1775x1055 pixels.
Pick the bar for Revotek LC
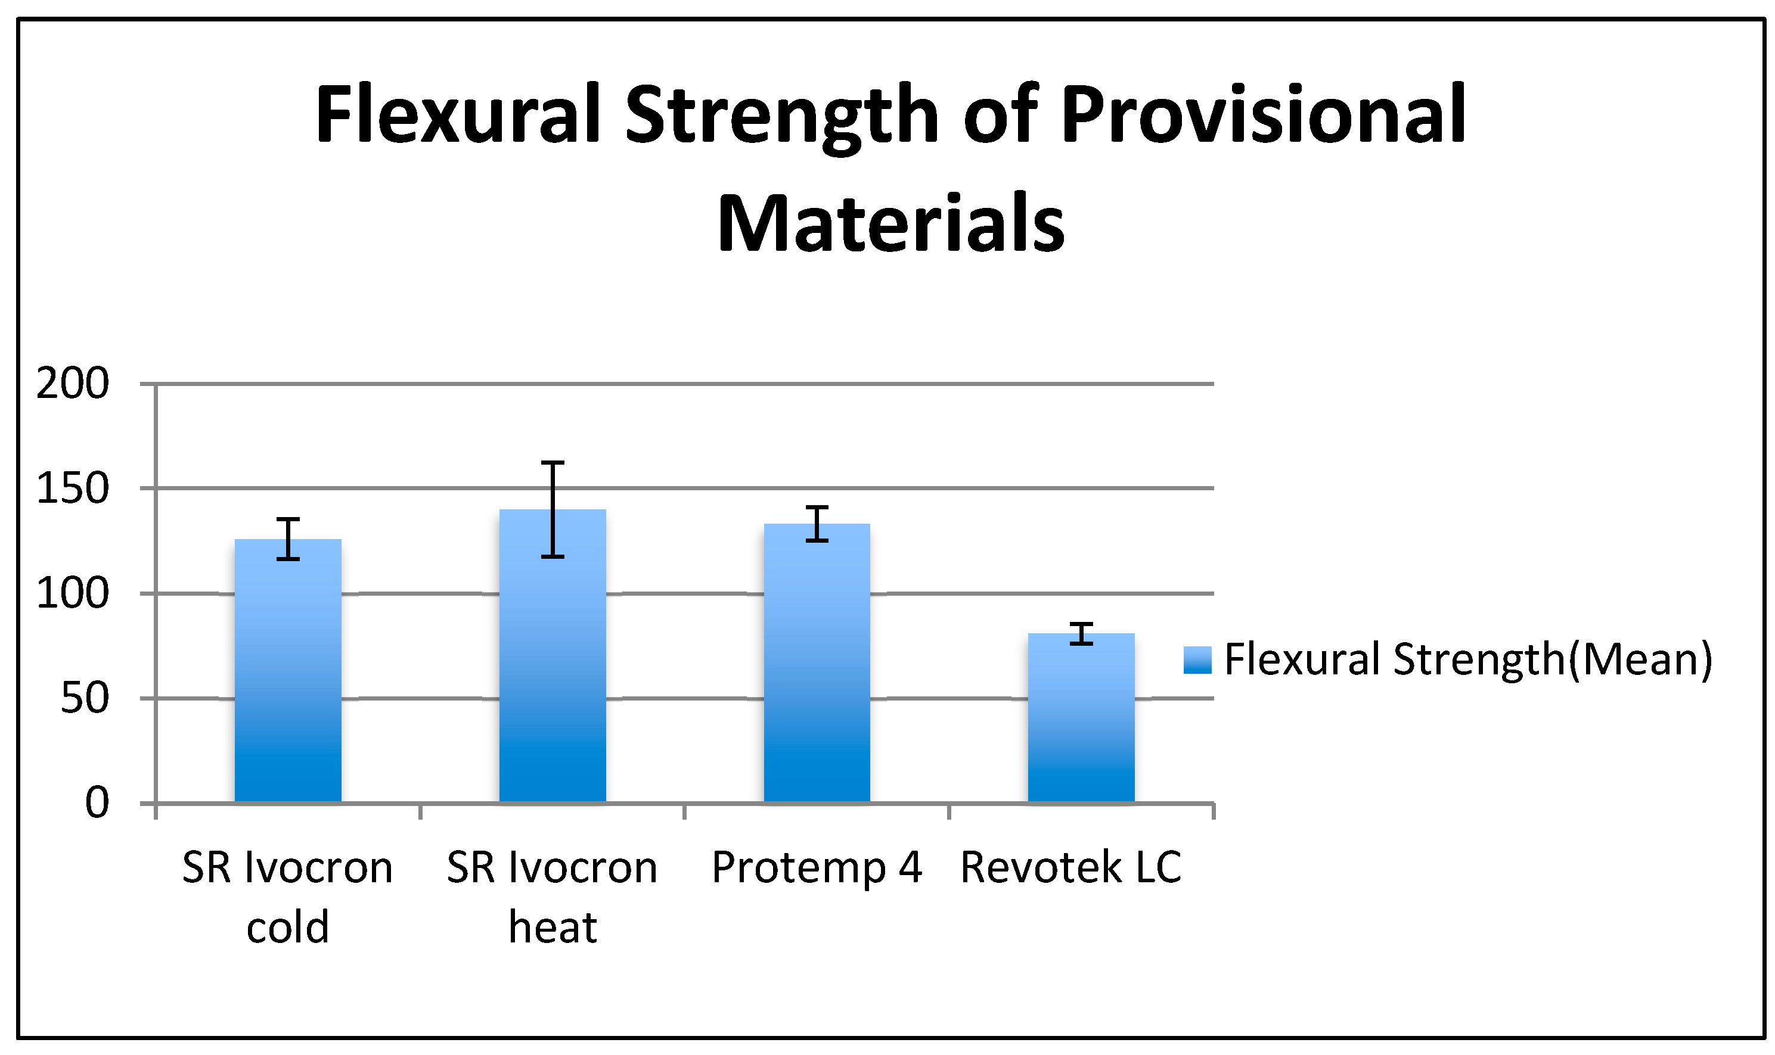[1081, 717]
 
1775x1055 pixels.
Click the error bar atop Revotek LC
[1081, 633]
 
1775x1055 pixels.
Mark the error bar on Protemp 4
[817, 524]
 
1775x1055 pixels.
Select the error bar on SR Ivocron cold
[288, 539]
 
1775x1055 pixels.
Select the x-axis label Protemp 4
[817, 868]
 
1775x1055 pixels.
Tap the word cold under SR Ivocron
[288, 927]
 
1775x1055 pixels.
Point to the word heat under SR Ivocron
[553, 927]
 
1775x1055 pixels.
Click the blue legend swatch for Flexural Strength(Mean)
[1197, 659]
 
